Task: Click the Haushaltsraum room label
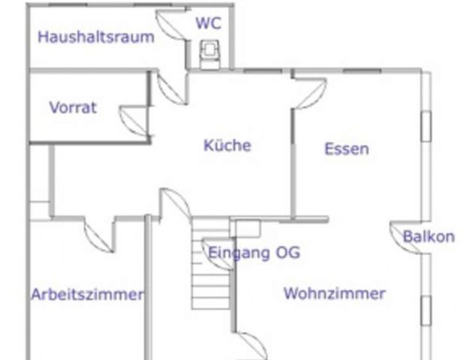coord(96,37)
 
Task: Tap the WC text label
coord(209,22)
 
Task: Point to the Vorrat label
coord(73,107)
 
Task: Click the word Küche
coord(227,145)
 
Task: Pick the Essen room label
coord(347,148)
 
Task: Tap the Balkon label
coord(428,236)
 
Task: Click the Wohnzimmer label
coord(335,293)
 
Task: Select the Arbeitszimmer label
coord(87,294)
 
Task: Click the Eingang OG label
coord(254,253)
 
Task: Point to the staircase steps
coord(211,264)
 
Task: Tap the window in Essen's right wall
coord(426,126)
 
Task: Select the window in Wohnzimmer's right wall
coord(426,310)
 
